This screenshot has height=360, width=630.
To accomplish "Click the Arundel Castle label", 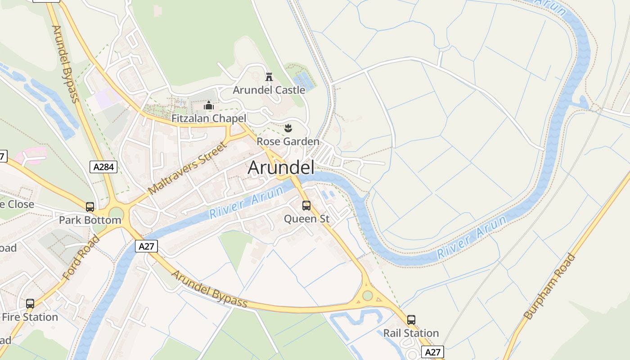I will (269, 90).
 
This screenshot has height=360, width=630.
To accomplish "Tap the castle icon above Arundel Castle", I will (269, 77).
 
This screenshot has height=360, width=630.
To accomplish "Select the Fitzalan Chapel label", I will (209, 118).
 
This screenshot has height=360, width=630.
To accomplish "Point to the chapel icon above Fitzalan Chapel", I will (209, 106).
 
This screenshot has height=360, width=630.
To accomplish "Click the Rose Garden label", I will (288, 142).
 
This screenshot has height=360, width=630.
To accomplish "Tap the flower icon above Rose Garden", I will (288, 128).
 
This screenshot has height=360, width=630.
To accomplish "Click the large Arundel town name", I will (281, 167).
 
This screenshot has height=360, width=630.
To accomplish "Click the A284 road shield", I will (103, 167).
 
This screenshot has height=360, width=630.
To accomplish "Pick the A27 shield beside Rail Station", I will (432, 352).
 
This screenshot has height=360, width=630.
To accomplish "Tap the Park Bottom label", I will (90, 220).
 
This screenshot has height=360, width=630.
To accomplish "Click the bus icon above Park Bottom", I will (90, 207).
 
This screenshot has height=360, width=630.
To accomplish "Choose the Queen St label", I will (307, 219).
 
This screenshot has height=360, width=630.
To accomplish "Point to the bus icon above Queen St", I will (306, 206).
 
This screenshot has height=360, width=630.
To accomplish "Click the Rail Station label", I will (411, 333).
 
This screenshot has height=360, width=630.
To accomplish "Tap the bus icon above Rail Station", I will (411, 320).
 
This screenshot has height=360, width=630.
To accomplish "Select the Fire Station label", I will (30, 317).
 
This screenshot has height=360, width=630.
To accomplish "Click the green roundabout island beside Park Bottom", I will (116, 213).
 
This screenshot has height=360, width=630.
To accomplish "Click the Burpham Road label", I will (549, 287).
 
